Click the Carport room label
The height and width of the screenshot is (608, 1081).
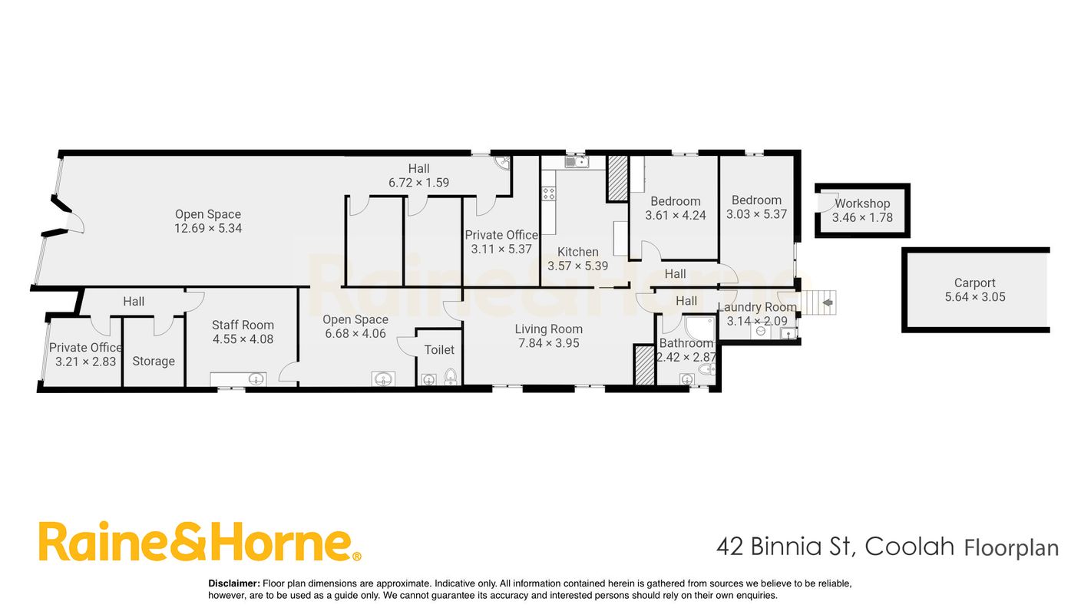[x=974, y=283]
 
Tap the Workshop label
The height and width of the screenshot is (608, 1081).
[x=862, y=203]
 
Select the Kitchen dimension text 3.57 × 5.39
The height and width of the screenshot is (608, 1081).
[x=577, y=266]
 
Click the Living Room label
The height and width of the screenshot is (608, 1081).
[x=549, y=329]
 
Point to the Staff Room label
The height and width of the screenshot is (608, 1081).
[x=243, y=325]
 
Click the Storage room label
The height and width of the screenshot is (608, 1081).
[x=154, y=361]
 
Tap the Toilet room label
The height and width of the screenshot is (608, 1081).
[x=439, y=350]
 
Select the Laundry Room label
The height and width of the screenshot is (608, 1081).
[x=757, y=307]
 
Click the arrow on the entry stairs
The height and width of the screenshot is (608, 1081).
[x=828, y=302]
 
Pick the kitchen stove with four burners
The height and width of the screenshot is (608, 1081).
[x=549, y=194]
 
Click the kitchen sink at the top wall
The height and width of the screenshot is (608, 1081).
[x=577, y=162]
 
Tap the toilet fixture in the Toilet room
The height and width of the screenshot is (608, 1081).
[x=450, y=377]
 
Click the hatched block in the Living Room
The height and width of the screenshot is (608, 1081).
[x=644, y=365]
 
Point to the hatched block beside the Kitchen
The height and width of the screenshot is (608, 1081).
[x=617, y=178]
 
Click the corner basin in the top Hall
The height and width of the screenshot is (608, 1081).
[x=503, y=163]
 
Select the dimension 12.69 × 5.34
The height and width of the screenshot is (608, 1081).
[x=208, y=228]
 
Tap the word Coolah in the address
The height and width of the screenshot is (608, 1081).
[x=910, y=547]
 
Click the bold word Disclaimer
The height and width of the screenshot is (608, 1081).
[x=234, y=583]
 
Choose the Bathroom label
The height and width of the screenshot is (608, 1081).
[x=686, y=343]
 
